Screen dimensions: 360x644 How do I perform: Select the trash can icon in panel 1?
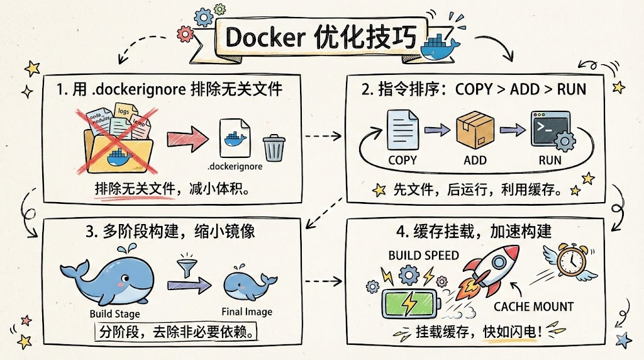point(273,148)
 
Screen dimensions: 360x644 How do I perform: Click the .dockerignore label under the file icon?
point(235,167)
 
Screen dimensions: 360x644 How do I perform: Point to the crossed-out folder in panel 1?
point(118,142)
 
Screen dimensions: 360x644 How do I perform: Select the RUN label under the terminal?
point(550,160)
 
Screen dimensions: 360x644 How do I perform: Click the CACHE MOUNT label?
point(533,307)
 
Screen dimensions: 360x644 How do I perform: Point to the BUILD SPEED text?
point(423,256)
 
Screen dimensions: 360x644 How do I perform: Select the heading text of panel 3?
point(170,231)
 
